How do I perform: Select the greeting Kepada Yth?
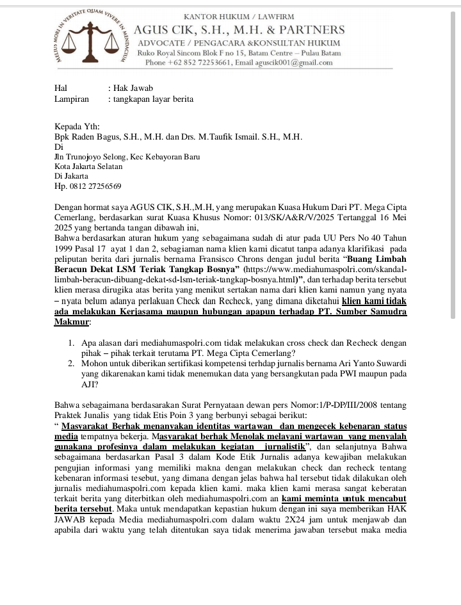[x=77, y=127]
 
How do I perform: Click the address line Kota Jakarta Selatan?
[x=88, y=166]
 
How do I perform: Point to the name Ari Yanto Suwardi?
[x=372, y=363]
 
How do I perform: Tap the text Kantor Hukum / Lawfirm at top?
[x=239, y=15]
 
